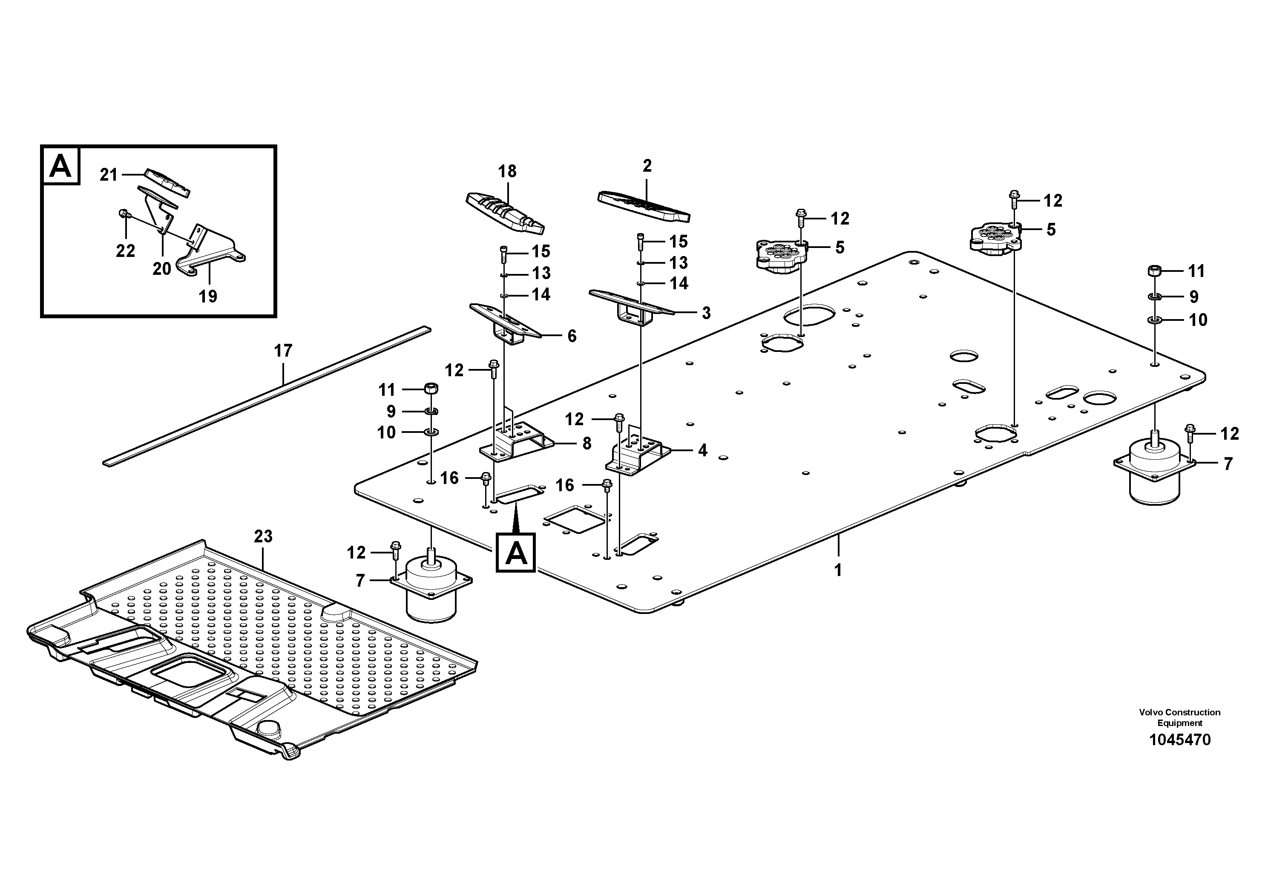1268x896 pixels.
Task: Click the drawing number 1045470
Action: (x=1180, y=740)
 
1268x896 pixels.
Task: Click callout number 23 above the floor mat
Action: (x=263, y=536)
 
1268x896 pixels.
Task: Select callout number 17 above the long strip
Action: (x=283, y=350)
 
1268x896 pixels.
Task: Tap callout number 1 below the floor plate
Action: (x=838, y=570)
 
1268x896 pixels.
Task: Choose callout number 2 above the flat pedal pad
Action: (x=647, y=165)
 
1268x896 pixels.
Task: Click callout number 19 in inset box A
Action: (x=208, y=297)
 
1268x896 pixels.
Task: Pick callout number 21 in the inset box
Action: (x=109, y=175)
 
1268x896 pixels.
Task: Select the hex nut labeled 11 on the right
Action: (x=1154, y=271)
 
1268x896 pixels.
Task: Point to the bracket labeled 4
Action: (x=638, y=454)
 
